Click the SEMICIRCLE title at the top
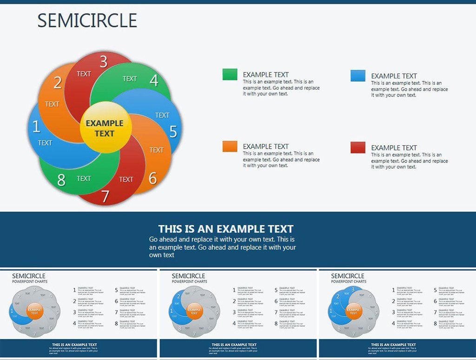87,21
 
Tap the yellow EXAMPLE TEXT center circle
104,128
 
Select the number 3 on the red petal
103,61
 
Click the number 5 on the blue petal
173,132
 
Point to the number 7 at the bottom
106,196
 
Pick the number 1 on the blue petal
36,126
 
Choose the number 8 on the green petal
61,180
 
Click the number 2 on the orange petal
58,83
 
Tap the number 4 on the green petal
154,81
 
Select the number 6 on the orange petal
152,178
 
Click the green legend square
230,74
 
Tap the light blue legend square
358,76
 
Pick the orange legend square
230,146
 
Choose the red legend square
358,148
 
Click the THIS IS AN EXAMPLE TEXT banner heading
225,229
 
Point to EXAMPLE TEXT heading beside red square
394,148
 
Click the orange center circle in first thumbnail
35,311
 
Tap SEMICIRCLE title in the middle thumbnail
188,276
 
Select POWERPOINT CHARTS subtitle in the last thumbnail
349,281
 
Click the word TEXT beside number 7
126,179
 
